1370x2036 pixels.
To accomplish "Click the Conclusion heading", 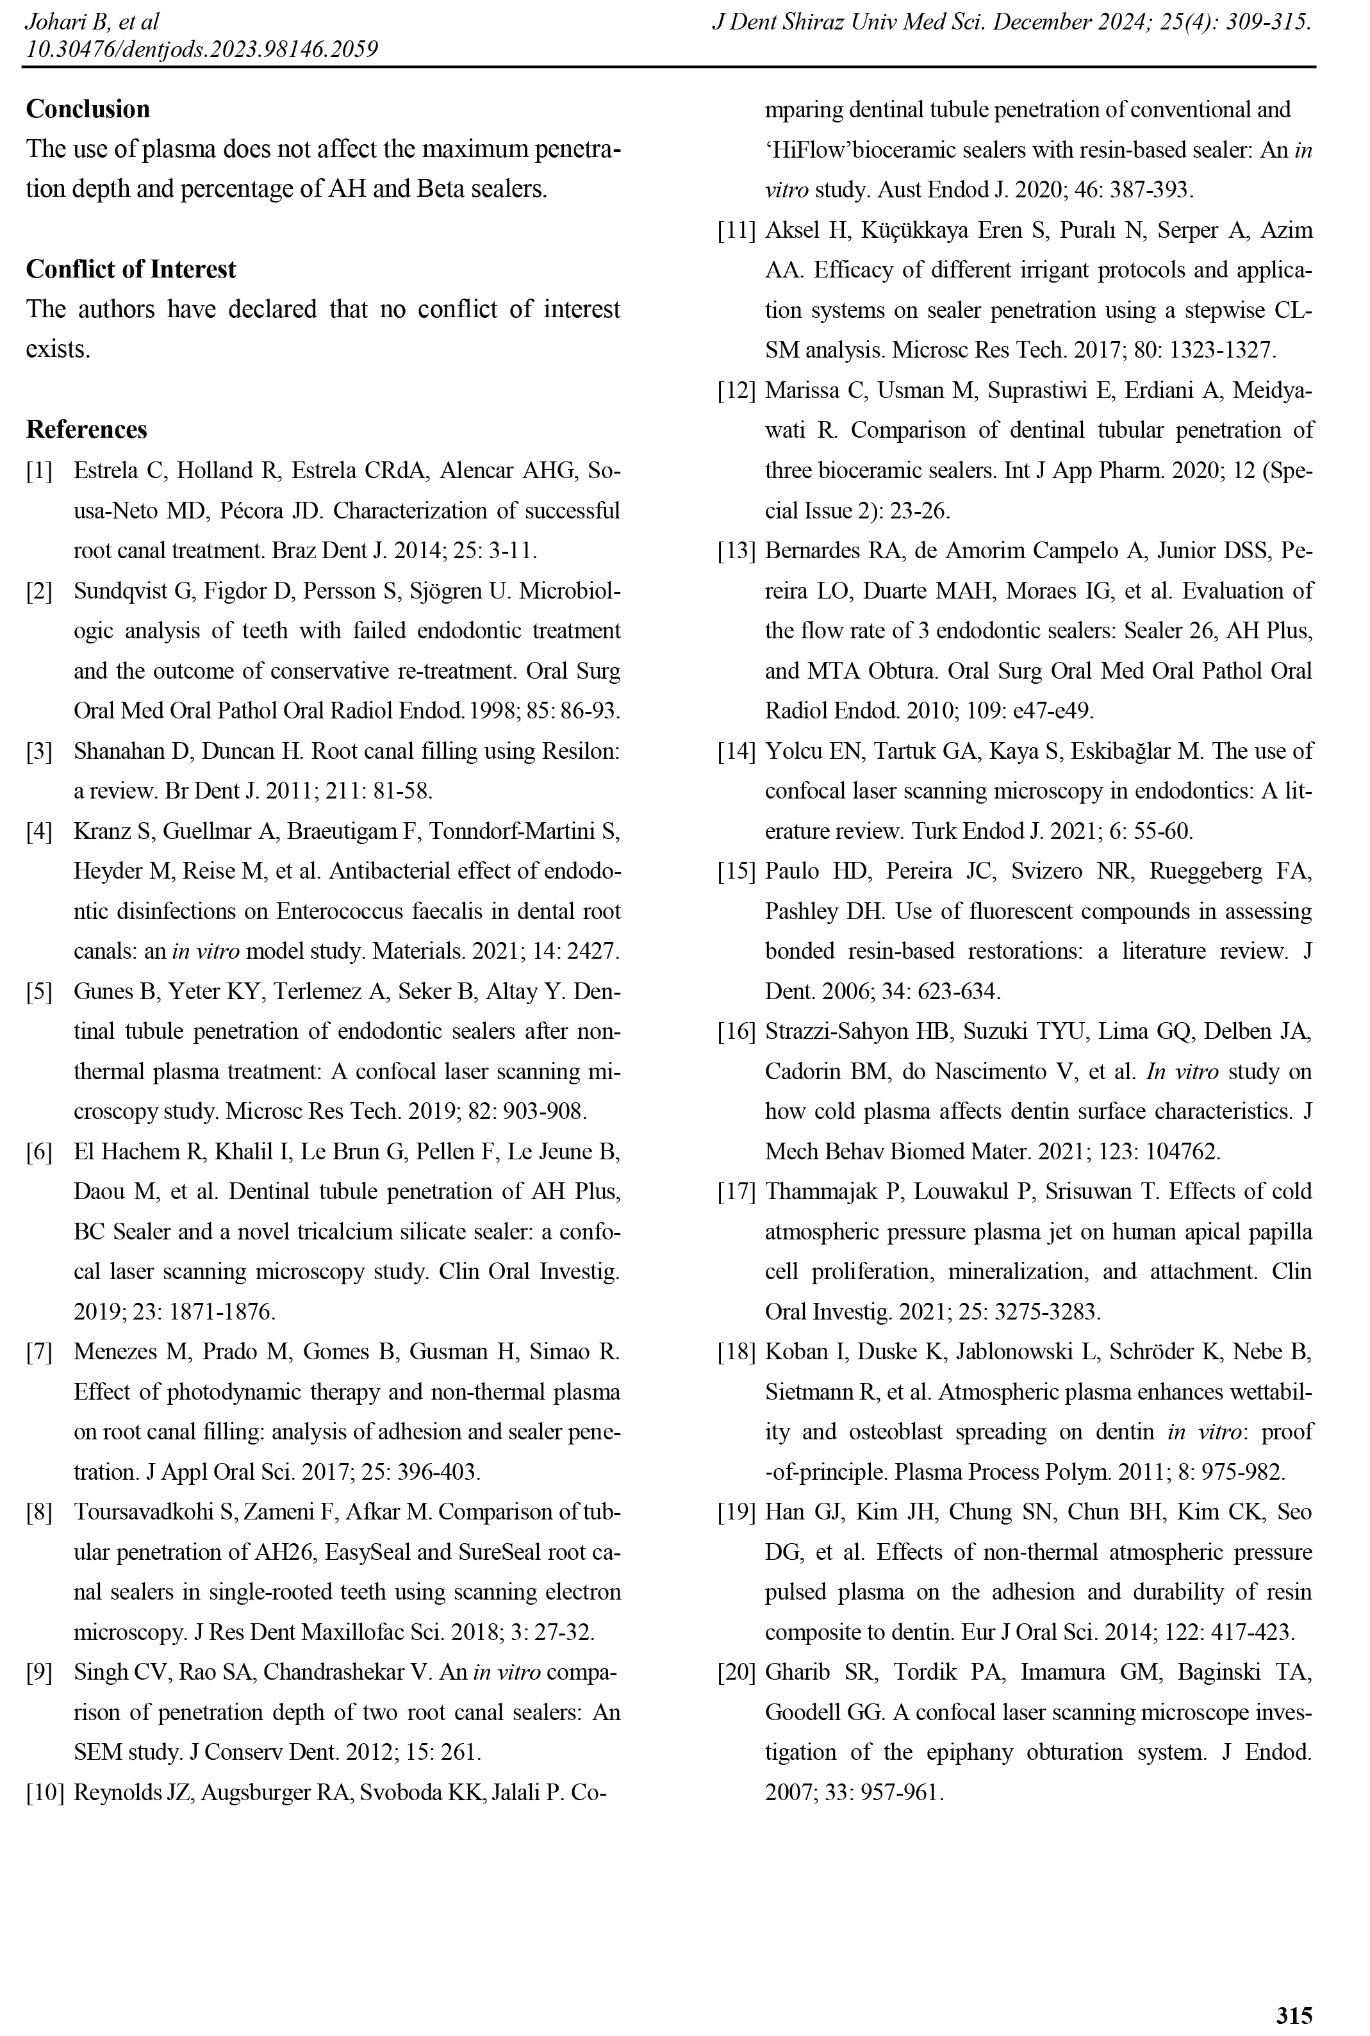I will [x=87, y=109].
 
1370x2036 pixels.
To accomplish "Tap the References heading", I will [x=87, y=430].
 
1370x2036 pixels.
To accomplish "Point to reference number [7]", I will [x=39, y=1352].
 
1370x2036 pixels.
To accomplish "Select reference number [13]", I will [x=736, y=550].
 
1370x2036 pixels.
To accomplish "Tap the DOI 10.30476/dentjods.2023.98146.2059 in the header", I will [x=202, y=49].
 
